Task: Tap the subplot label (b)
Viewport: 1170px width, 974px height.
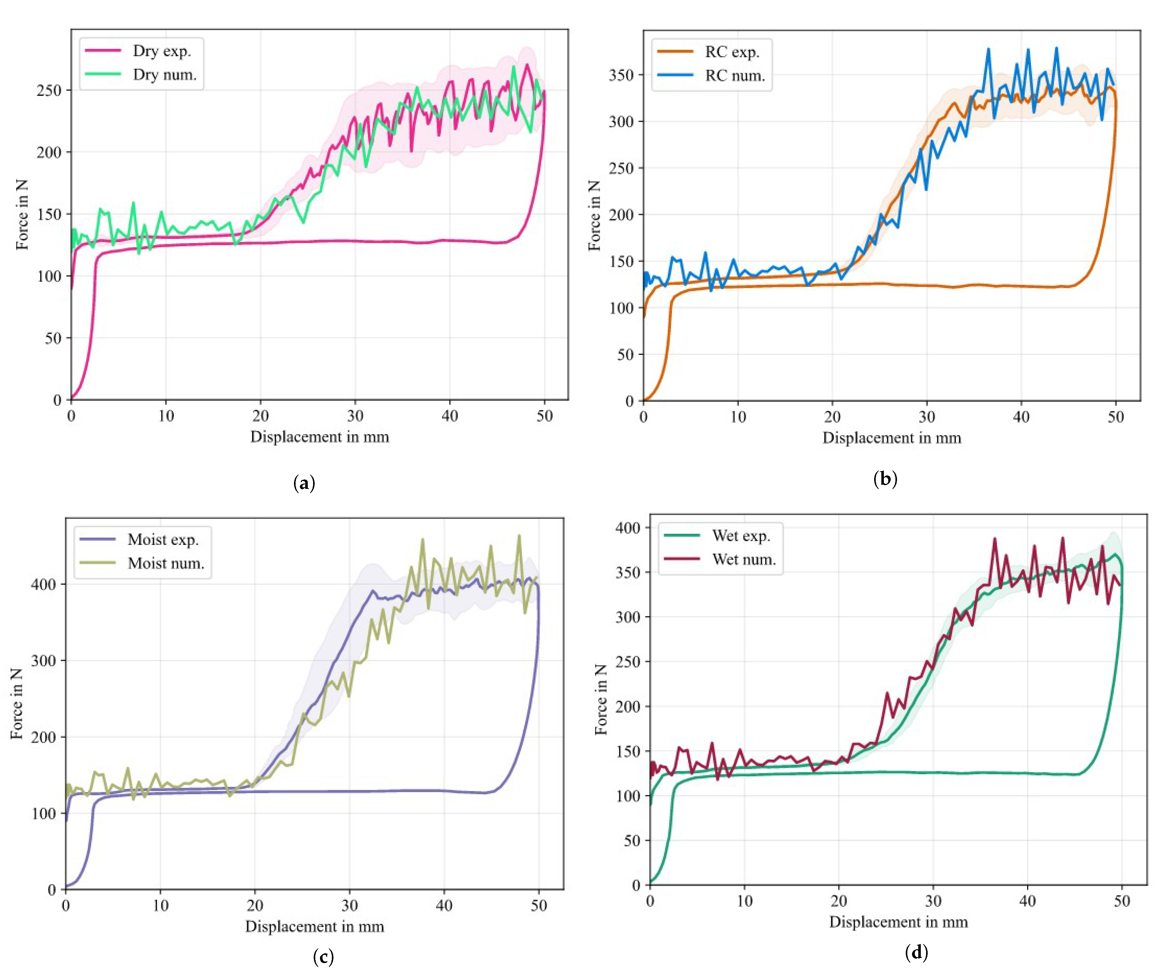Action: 885,479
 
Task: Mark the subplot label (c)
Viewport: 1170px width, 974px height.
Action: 324,957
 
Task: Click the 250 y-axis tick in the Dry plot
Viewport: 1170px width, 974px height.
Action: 49,90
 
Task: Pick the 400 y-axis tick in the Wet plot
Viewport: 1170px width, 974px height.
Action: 628,527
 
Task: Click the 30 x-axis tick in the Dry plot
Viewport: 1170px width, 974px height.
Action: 355,416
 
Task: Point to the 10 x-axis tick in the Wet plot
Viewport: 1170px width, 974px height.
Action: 744,901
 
